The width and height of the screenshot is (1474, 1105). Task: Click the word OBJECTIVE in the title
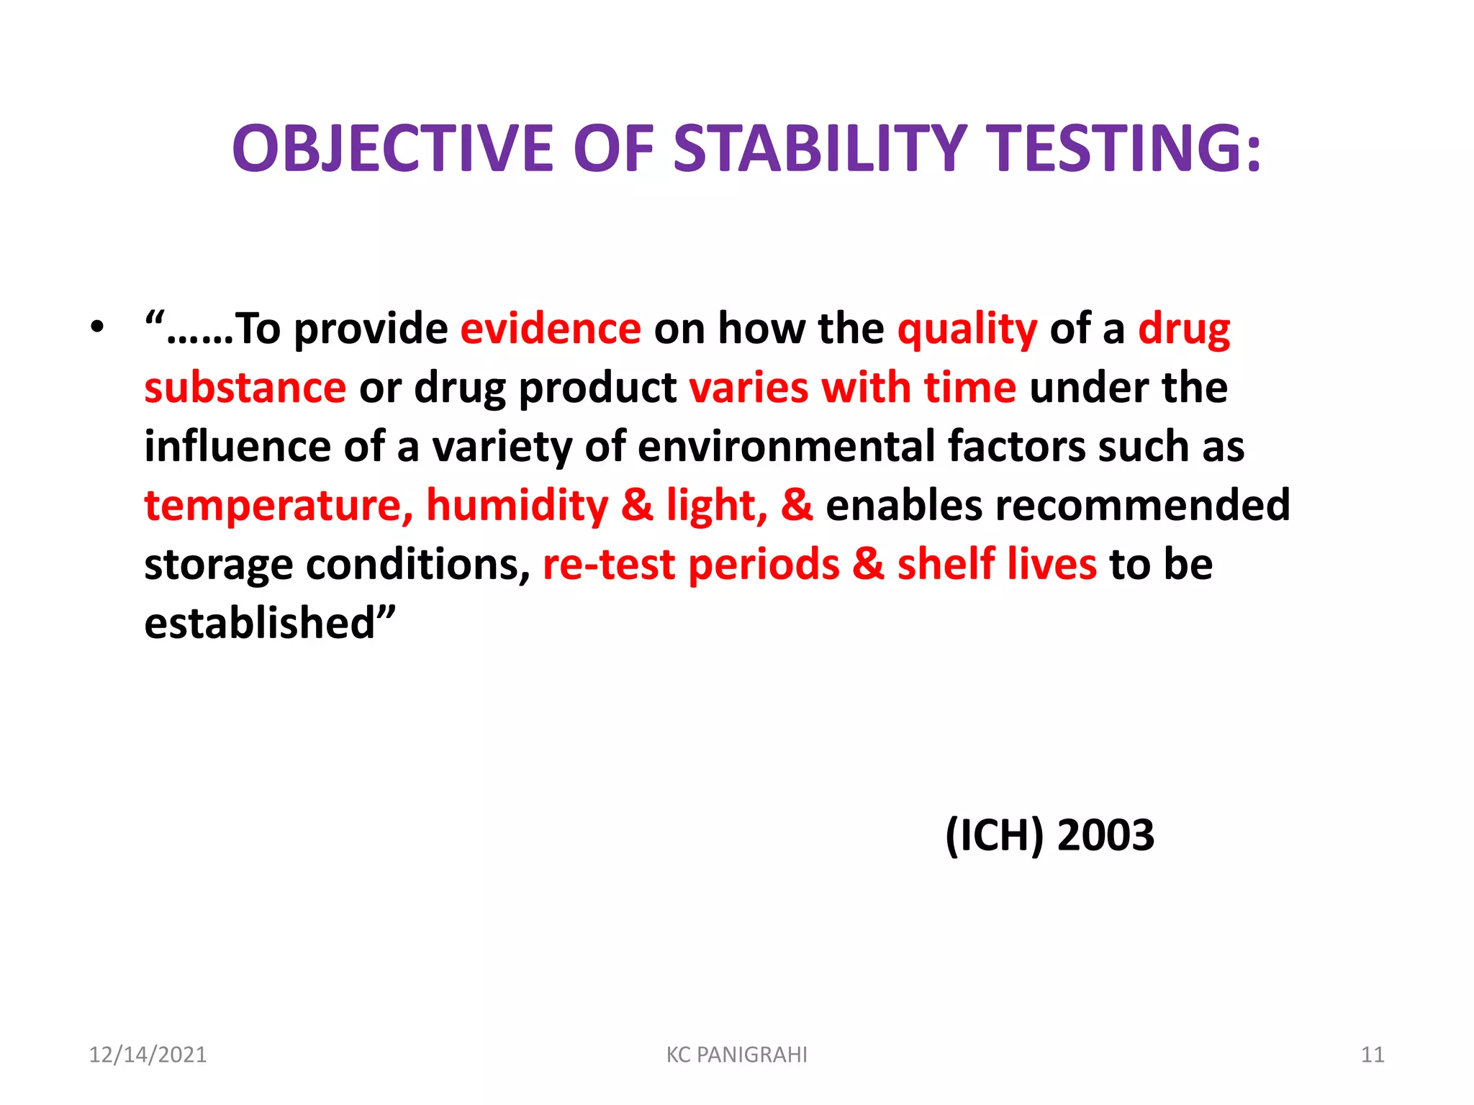(x=393, y=149)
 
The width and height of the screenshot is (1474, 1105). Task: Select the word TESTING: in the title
(x=1123, y=149)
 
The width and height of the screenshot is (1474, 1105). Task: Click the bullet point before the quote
(x=97, y=327)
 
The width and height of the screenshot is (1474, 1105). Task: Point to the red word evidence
(x=551, y=329)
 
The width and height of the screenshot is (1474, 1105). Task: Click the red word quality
(x=967, y=330)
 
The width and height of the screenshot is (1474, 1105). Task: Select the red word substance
(x=245, y=388)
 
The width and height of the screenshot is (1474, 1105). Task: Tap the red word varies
(x=749, y=388)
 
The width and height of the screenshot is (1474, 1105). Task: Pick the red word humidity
(x=517, y=506)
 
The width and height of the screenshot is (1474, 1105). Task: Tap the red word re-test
(x=609, y=565)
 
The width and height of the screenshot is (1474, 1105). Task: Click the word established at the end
(x=260, y=623)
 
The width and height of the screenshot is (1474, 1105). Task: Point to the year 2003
(x=1105, y=836)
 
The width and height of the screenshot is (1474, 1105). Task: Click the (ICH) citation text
(x=994, y=836)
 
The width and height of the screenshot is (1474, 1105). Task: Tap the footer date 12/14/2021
(x=148, y=1055)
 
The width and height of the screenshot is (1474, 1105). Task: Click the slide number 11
(x=1372, y=1055)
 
